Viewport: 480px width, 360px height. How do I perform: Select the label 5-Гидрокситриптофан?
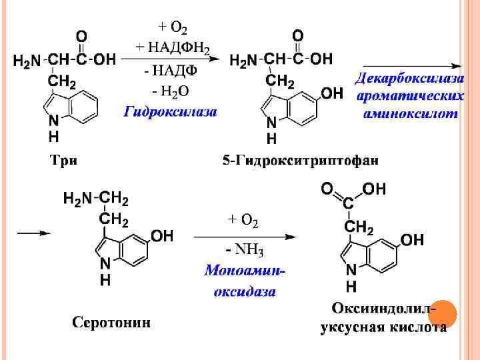click(x=301, y=160)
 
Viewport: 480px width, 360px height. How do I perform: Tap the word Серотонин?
click(x=111, y=323)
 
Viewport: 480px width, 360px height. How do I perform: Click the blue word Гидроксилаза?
click(x=171, y=112)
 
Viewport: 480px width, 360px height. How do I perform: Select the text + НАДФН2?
click(x=173, y=47)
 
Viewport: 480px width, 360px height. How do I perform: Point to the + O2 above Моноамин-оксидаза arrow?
click(x=243, y=219)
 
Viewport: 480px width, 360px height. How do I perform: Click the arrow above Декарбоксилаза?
click(x=408, y=65)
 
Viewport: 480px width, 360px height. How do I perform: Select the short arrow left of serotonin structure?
click(x=33, y=233)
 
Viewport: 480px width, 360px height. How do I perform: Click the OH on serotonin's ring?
click(x=162, y=236)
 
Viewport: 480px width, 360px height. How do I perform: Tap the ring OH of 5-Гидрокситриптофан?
click(x=331, y=93)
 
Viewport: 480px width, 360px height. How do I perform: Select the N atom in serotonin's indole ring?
click(x=105, y=265)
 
